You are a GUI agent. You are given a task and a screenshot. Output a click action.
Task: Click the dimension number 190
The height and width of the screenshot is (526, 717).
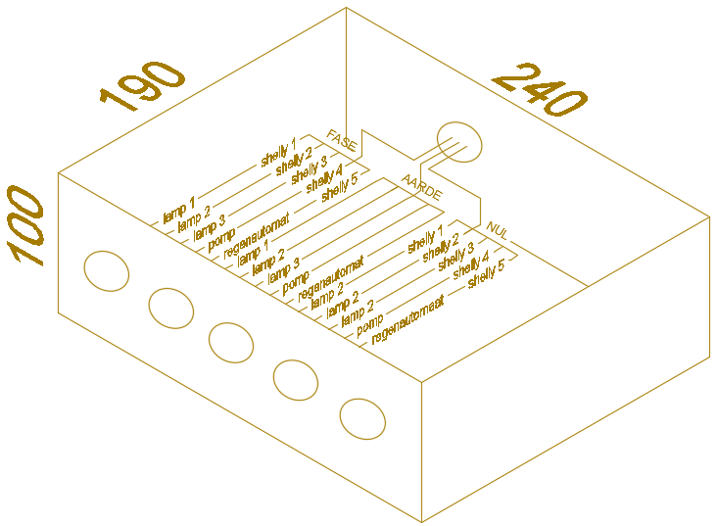(143, 87)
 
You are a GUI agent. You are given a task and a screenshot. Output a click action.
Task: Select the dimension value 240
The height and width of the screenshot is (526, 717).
(540, 91)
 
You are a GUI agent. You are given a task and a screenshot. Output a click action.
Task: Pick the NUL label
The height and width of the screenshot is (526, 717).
(497, 231)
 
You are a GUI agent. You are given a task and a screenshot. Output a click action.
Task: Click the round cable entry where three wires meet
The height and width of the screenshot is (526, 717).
(459, 142)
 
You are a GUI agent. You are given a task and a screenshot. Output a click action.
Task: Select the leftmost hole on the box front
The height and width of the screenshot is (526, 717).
(107, 270)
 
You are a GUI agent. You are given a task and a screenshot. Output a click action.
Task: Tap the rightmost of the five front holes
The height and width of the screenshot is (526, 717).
(362, 418)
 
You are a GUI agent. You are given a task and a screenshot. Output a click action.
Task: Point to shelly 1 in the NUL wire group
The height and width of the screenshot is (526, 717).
(426, 238)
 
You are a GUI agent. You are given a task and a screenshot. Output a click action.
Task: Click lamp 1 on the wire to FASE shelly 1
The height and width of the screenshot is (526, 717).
(179, 209)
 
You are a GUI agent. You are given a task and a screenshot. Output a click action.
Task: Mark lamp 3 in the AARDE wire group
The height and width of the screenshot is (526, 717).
(282, 268)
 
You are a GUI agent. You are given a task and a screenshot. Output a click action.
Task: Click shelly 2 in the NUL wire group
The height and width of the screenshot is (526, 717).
(441, 249)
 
